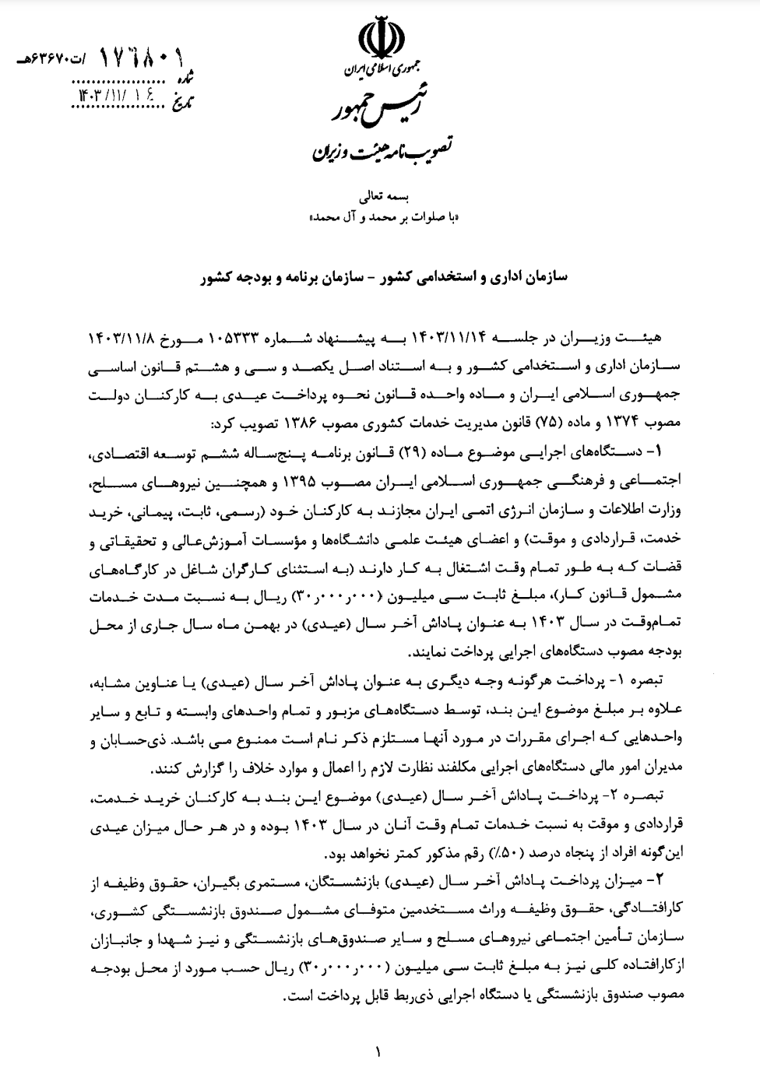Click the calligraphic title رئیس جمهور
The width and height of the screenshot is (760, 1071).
[380, 107]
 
